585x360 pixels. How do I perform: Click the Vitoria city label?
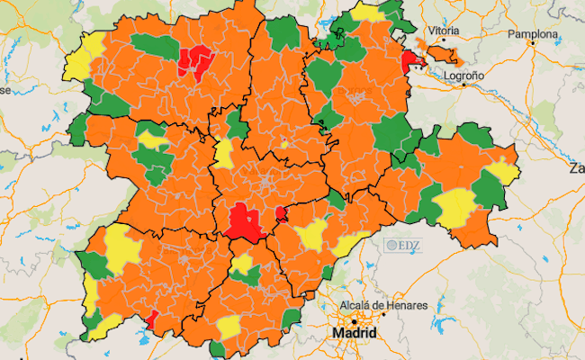click(x=444, y=31)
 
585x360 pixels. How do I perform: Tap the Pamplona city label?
click(x=533, y=34)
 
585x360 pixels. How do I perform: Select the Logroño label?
click(x=464, y=76)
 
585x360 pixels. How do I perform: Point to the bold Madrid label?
click(x=354, y=334)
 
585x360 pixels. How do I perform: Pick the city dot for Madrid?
click(x=355, y=321)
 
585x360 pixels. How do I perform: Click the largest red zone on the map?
click(x=241, y=221)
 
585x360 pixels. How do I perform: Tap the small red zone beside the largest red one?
click(x=281, y=213)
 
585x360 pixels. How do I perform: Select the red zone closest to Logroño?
click(x=413, y=61)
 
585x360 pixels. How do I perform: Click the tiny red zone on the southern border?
click(x=152, y=318)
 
